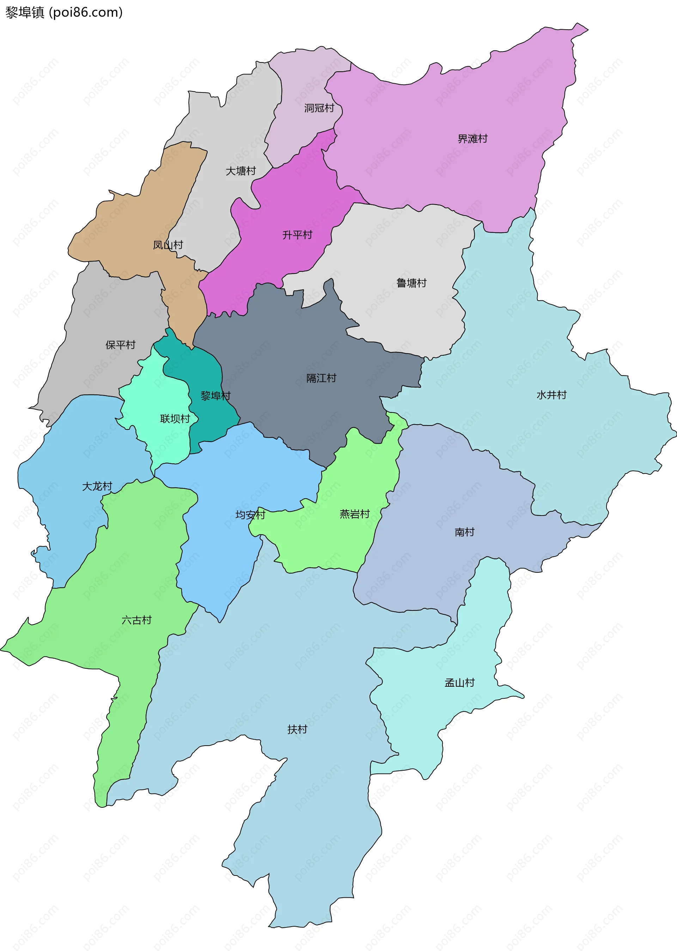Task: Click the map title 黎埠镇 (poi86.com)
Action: (64, 12)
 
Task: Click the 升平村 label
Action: (297, 235)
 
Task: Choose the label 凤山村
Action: (167, 245)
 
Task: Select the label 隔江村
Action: (322, 378)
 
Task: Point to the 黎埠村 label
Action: (215, 396)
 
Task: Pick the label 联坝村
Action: (175, 419)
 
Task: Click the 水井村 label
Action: (551, 395)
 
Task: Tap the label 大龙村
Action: (97, 486)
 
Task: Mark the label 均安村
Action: (250, 515)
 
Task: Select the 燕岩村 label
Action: (355, 514)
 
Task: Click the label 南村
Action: (464, 532)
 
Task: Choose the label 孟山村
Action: (459, 682)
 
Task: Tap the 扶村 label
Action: (297, 729)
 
